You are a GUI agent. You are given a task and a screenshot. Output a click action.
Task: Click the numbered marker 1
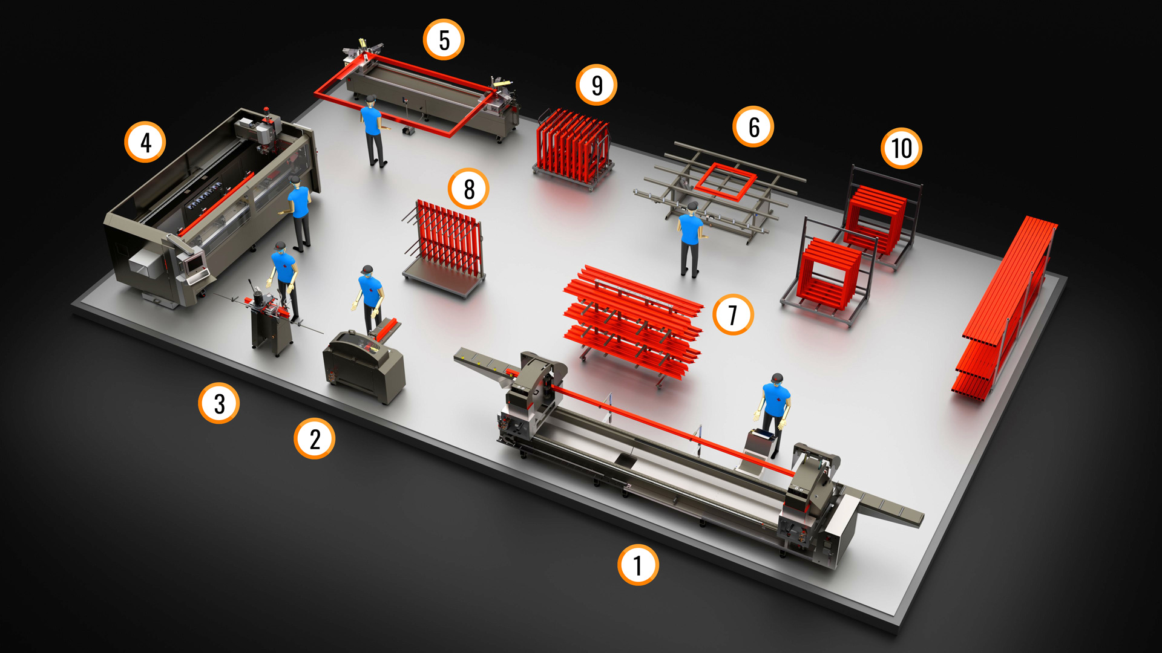pos(638,565)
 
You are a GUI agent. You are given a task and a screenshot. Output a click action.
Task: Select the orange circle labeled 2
pos(315,438)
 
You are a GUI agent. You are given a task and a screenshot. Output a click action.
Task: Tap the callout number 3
pos(219,403)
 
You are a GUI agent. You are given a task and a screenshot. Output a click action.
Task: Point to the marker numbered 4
pos(145,142)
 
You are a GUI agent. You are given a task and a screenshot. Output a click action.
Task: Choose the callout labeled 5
pos(444,40)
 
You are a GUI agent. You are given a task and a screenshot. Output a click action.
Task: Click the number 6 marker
pos(753,126)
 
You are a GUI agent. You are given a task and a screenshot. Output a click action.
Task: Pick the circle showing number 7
pos(733,314)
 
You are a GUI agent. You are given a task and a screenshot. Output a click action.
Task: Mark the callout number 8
pos(469,189)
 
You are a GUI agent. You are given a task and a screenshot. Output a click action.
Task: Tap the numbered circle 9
pos(597,85)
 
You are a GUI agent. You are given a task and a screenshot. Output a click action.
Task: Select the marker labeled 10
pos(902,148)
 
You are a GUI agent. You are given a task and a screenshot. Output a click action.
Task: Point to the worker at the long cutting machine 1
pos(773,414)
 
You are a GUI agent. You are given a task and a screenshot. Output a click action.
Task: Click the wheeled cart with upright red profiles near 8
pos(445,248)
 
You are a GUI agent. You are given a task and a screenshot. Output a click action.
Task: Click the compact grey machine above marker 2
pos(363,366)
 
